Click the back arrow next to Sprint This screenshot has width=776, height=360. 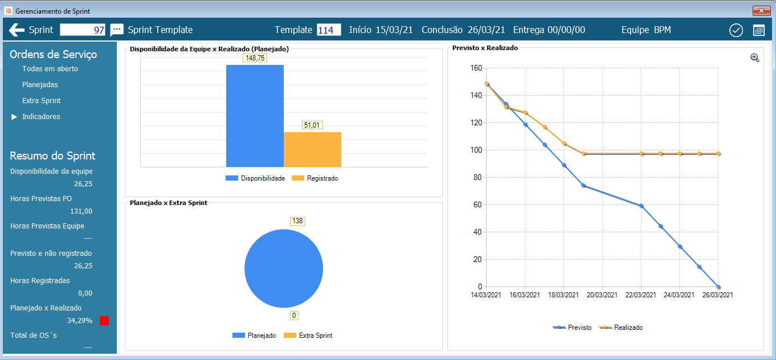click(x=17, y=30)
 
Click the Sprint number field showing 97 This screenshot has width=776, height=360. click(x=83, y=30)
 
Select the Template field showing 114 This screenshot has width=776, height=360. click(x=329, y=30)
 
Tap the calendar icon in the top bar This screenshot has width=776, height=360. click(x=758, y=31)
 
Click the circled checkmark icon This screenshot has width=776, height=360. click(x=736, y=31)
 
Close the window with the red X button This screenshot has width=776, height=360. click(x=761, y=11)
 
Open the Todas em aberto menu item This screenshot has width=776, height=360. click(x=50, y=69)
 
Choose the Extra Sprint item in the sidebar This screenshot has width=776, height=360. click(x=41, y=101)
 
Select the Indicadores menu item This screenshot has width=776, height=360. click(x=41, y=117)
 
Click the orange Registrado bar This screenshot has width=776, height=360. click(x=312, y=149)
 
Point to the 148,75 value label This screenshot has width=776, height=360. click(x=255, y=58)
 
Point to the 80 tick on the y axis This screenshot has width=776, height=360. click(x=477, y=177)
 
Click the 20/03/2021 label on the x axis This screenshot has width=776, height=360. click(x=602, y=295)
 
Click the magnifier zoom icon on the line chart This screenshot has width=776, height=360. click(x=754, y=58)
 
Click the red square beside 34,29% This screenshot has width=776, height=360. click(x=104, y=321)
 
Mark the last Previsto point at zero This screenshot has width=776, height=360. click(x=718, y=287)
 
